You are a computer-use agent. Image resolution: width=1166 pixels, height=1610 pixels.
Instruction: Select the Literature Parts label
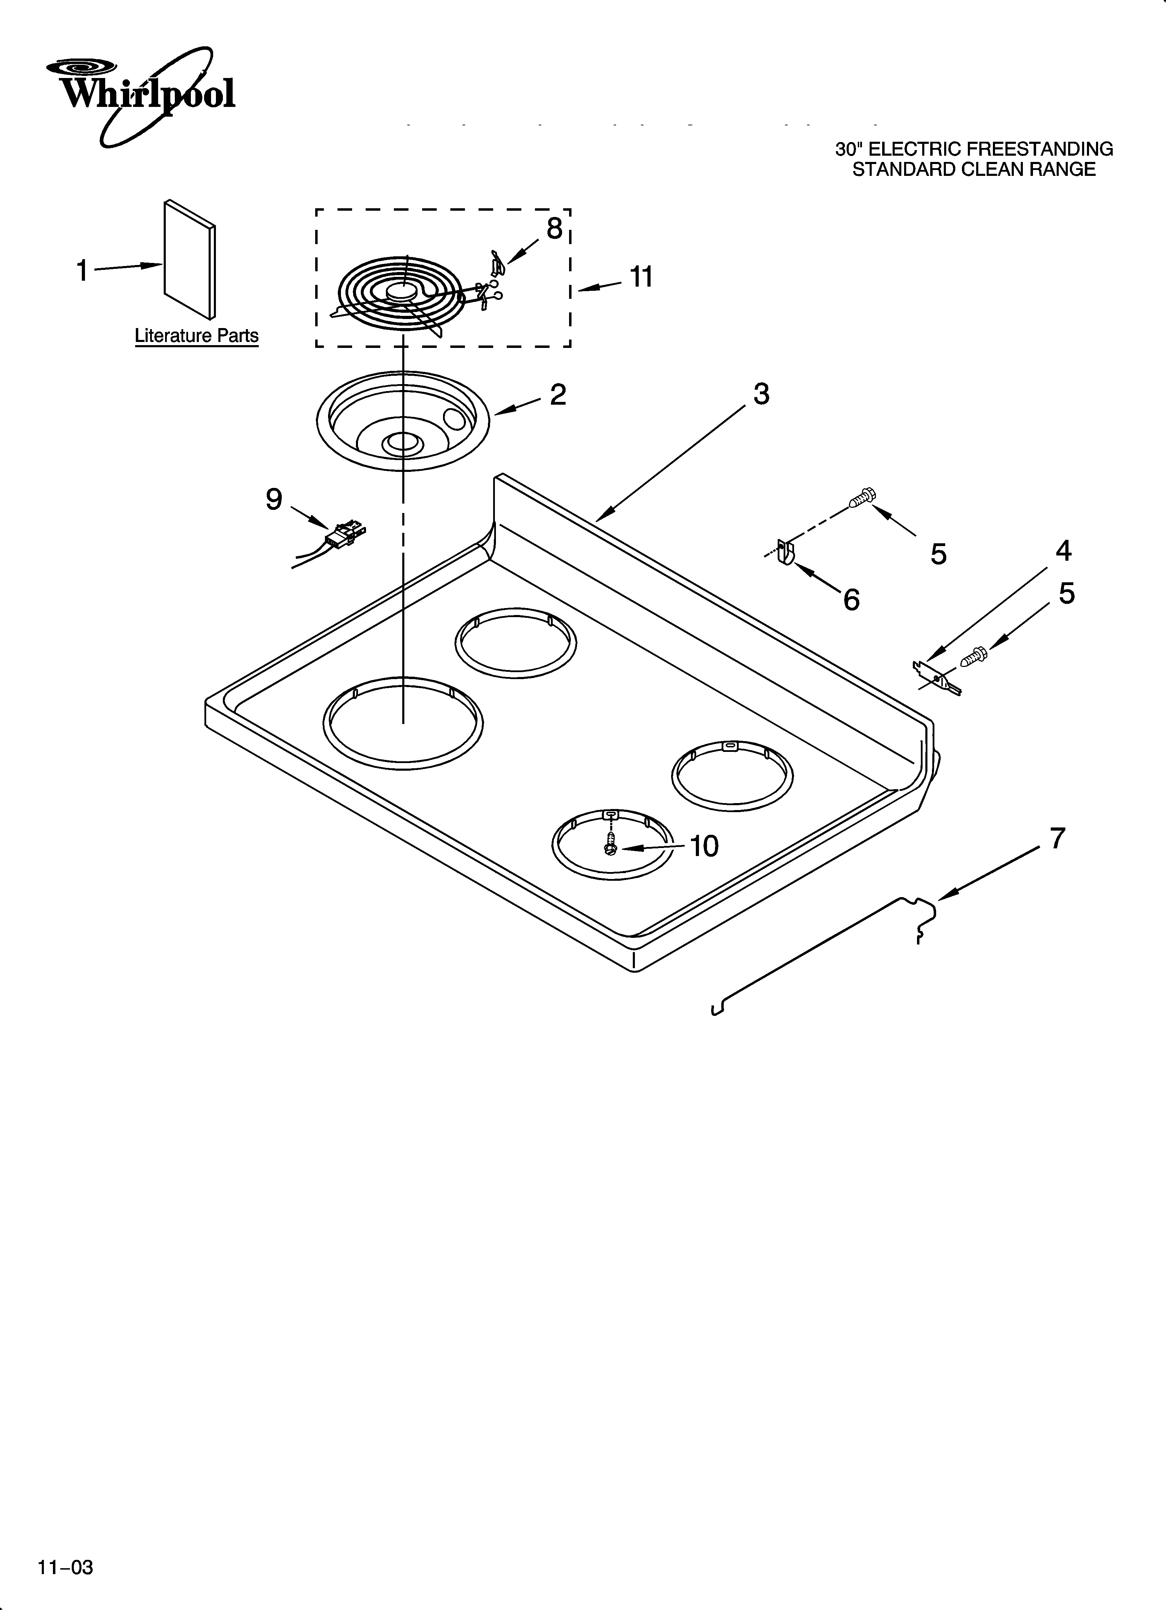tap(197, 336)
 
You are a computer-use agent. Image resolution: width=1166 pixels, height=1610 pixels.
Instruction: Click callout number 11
tap(641, 277)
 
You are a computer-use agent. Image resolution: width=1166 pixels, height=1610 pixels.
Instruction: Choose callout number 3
tap(761, 394)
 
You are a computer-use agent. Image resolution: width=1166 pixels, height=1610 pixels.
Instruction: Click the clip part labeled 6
tap(785, 552)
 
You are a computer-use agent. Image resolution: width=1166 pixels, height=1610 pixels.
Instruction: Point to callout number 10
tap(704, 846)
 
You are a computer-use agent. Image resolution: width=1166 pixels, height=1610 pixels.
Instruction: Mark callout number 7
tap(1057, 838)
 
